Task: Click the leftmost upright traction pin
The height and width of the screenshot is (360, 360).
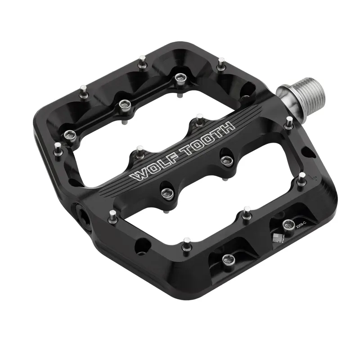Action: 57,149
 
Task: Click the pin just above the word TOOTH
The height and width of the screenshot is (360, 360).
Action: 198,119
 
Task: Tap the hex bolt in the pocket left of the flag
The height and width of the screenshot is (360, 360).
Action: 227,258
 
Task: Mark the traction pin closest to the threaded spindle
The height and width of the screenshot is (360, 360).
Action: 288,122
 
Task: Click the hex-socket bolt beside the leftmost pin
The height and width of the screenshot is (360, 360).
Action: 70,134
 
